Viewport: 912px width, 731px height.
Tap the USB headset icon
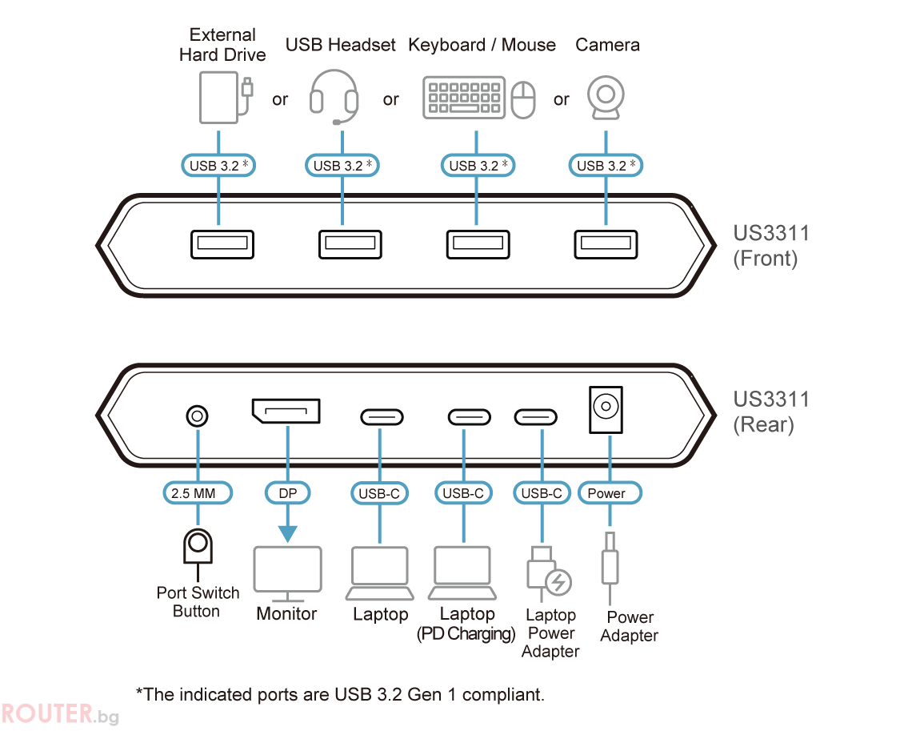334,97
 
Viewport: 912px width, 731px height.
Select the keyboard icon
463,98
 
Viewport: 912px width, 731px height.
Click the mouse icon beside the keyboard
523,99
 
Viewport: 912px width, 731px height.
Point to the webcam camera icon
606,97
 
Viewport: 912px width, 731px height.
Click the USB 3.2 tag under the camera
606,165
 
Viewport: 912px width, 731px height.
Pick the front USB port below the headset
350,244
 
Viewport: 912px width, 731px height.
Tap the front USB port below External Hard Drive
222,244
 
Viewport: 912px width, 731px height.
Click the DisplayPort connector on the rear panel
286,411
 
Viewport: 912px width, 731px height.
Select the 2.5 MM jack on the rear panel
197,416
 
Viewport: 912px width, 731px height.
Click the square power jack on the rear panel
606,409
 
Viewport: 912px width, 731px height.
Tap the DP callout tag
288,493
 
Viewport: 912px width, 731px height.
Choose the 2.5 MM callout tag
198,493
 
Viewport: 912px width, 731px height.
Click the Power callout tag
610,493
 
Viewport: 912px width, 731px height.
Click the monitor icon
288,574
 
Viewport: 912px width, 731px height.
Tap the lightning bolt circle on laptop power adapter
558,582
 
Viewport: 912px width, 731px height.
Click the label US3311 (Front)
771,246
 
